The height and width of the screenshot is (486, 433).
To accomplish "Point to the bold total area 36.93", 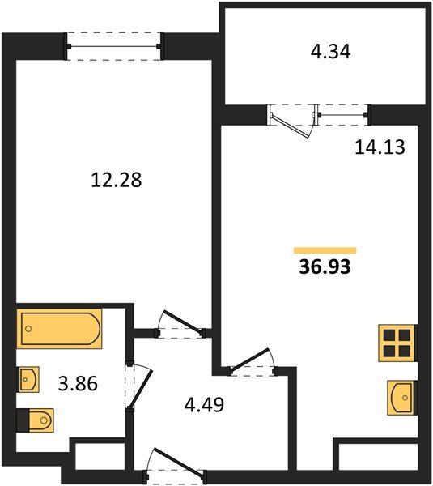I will tap(324, 267).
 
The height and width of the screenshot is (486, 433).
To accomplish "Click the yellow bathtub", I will tap(61, 330).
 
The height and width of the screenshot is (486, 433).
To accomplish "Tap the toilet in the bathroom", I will tap(37, 420).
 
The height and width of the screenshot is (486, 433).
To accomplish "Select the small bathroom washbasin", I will tap(28, 378).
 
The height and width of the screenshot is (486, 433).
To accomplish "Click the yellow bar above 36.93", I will tap(325, 251).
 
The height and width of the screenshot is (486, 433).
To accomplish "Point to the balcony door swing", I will tap(292, 122).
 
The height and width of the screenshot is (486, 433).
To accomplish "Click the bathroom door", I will tap(138, 387).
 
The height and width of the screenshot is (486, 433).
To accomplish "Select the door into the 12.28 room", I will tap(180, 323).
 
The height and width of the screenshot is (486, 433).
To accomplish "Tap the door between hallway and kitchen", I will tap(252, 363).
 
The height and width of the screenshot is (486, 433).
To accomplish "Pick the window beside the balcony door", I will tap(345, 115).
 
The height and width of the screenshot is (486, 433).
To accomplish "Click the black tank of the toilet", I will tap(22, 420).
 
